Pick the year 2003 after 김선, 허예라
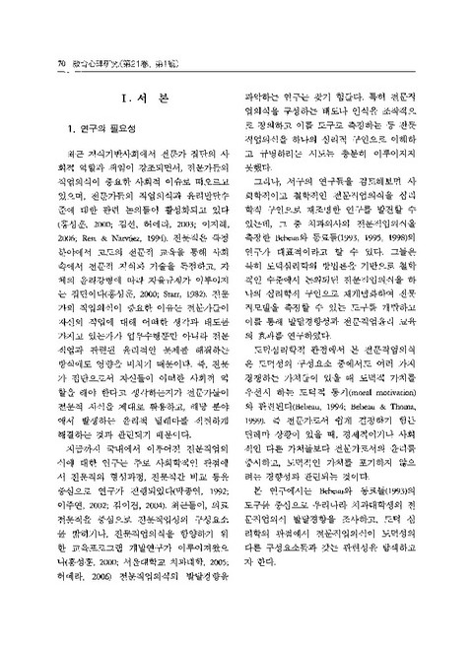pos(174,196)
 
